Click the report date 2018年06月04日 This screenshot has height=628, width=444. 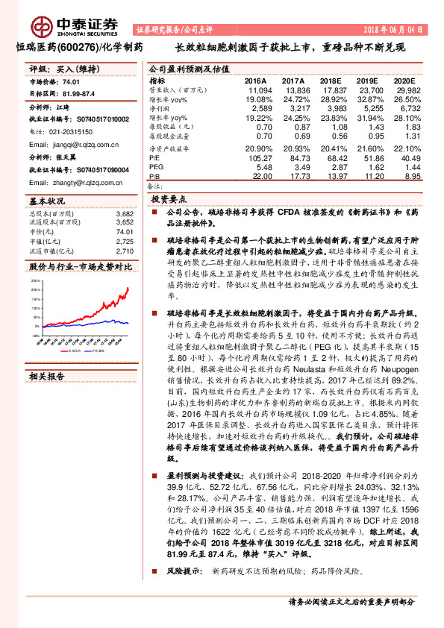pos(397,29)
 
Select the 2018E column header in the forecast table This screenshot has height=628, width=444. pos(329,81)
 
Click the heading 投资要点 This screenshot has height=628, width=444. pos(168,201)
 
